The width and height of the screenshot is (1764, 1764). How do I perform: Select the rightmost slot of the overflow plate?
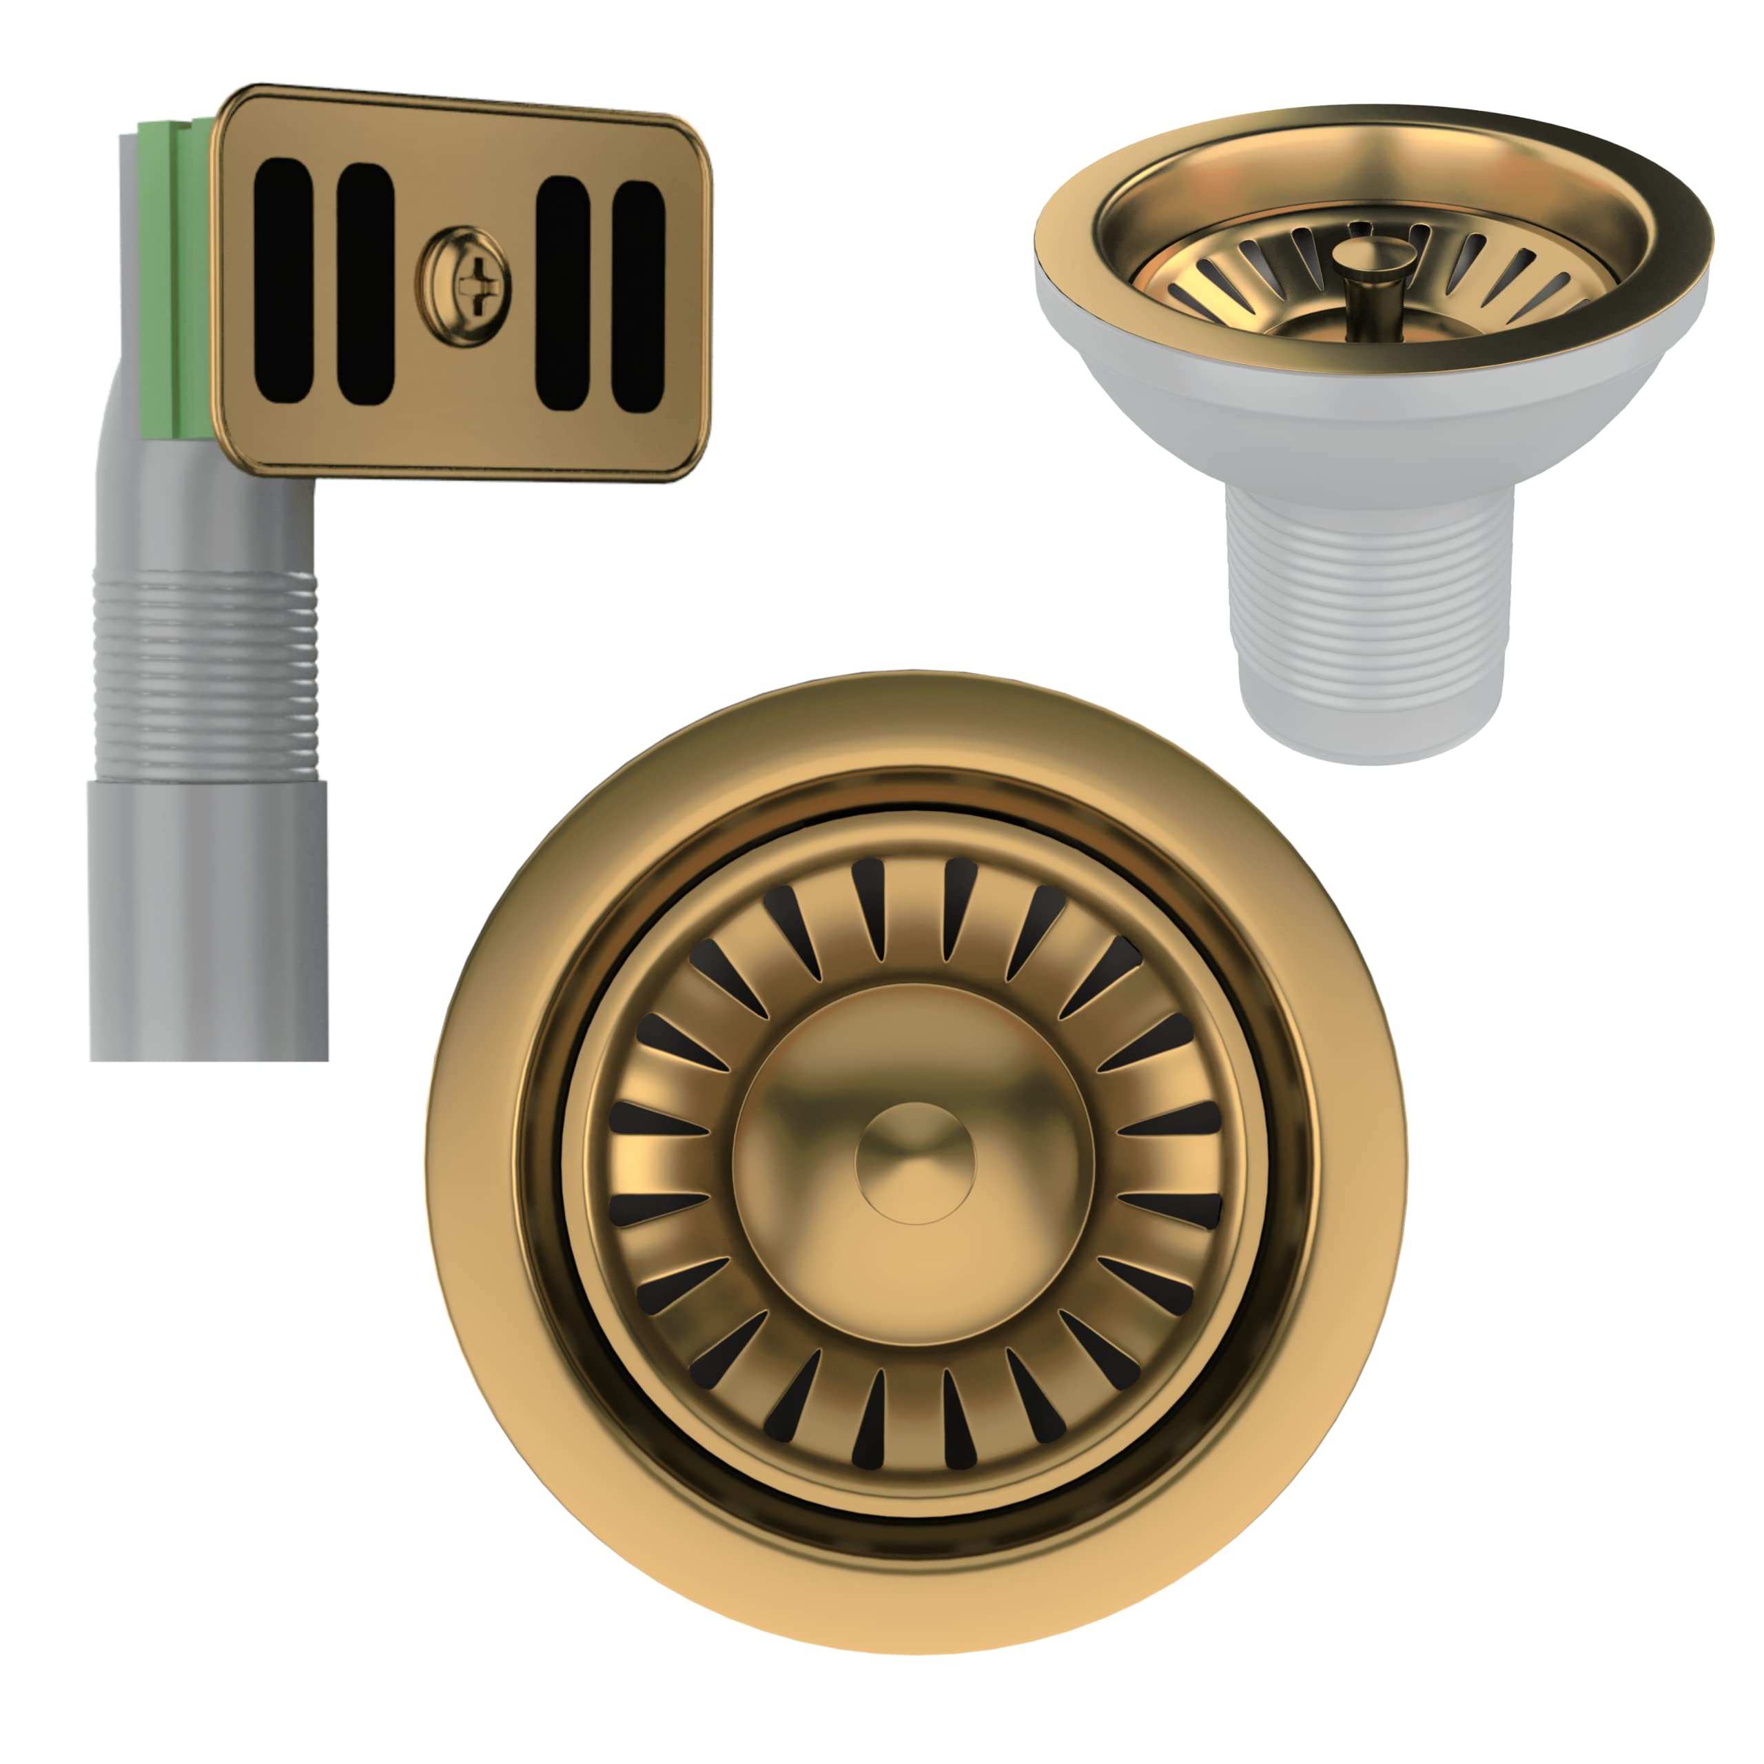click(x=638, y=296)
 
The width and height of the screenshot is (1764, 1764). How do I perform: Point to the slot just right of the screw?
click(x=562, y=291)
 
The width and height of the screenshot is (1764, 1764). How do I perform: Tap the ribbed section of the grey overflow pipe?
click(x=206, y=676)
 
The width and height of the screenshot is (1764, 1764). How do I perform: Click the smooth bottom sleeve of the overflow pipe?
click(x=208, y=922)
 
